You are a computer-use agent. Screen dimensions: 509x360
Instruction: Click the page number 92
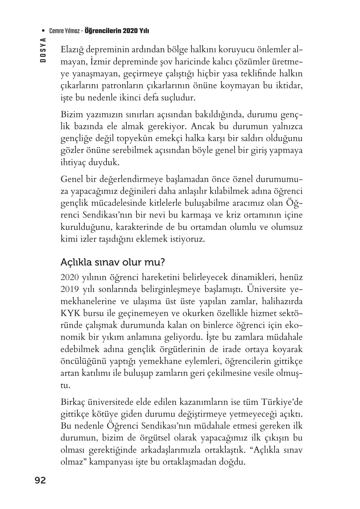[40, 481]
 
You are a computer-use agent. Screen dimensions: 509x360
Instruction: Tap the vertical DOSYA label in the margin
[43, 50]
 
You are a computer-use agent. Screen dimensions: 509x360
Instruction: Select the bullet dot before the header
[44, 31]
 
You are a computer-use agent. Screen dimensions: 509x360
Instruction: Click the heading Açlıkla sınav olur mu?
[113, 262]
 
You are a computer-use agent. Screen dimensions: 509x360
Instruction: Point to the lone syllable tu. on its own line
[65, 385]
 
